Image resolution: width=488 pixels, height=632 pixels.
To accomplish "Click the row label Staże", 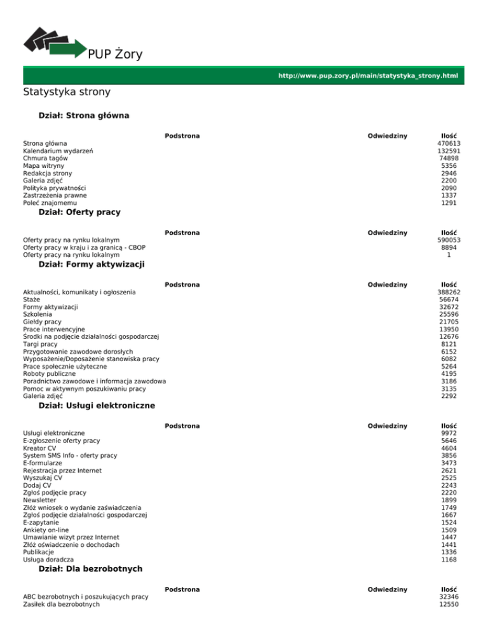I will click(x=32, y=299).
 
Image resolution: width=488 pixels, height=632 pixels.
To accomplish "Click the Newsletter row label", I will click(x=41, y=500).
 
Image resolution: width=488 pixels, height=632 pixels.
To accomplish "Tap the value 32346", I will click(x=444, y=597).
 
